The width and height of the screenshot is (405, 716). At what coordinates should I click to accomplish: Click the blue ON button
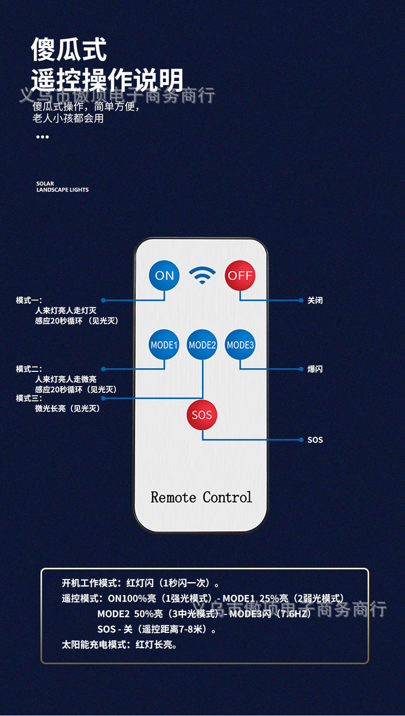click(164, 275)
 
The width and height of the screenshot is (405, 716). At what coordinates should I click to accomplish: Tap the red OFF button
click(240, 275)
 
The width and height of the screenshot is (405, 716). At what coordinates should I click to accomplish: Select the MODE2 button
click(202, 345)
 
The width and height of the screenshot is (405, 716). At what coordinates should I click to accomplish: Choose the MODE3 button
click(240, 345)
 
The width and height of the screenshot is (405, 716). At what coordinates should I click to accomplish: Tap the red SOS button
click(202, 415)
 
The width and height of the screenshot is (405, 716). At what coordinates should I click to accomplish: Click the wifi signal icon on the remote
click(202, 275)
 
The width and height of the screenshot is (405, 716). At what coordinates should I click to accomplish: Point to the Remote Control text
click(201, 497)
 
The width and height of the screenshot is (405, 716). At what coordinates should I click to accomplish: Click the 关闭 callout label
click(315, 301)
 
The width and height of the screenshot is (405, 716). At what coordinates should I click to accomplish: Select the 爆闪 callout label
click(315, 369)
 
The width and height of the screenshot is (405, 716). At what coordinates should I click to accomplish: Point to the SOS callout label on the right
click(315, 440)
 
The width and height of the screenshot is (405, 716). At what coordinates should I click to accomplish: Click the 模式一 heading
click(29, 301)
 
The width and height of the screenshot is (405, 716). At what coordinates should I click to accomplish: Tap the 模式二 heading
click(29, 369)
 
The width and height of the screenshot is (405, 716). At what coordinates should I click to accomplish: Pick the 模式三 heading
click(29, 398)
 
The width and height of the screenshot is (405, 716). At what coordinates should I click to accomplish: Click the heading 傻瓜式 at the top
click(69, 50)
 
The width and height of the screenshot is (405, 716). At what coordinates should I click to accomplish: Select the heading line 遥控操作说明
click(107, 81)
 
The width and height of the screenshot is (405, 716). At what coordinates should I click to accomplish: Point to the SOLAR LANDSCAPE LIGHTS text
click(62, 187)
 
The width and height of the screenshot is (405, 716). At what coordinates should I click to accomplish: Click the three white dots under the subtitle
click(43, 137)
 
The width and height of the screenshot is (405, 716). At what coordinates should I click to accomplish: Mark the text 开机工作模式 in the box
click(89, 583)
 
